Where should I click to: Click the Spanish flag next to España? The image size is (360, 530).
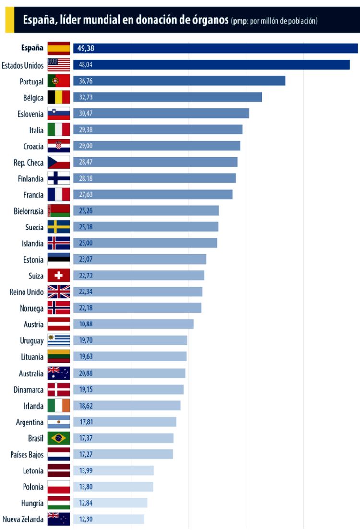[59, 48]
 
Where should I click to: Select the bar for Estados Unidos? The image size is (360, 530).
[211, 65]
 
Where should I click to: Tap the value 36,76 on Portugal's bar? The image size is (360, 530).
[86, 81]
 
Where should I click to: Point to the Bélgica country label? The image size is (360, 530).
[31, 97]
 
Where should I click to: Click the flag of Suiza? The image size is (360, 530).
[59, 276]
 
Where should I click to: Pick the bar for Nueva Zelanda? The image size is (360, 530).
[108, 519]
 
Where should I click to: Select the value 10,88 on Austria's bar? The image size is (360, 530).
[86, 324]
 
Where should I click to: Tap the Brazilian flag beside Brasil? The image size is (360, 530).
[59, 438]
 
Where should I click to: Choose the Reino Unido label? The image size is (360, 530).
[26, 292]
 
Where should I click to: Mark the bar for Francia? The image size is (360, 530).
[153, 194]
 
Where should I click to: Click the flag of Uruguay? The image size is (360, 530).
[59, 340]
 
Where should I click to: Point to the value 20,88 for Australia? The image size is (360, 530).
[86, 373]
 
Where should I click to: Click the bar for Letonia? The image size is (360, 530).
[113, 470]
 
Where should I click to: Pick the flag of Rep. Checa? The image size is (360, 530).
[59, 162]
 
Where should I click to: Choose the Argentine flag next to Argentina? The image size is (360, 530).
[59, 422]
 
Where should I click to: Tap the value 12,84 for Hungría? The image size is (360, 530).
[86, 503]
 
